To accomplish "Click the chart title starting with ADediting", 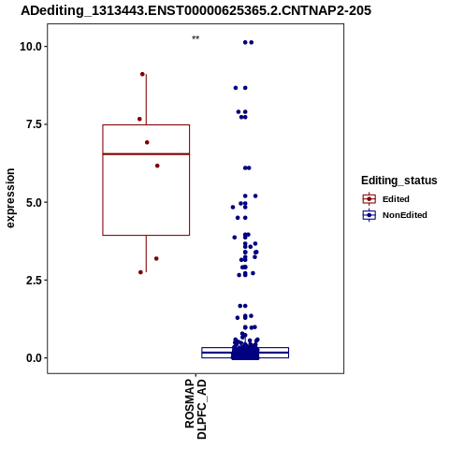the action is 196,10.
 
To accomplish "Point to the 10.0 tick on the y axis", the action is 31,47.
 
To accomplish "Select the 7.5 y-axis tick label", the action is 34,124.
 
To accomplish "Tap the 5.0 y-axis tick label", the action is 34,202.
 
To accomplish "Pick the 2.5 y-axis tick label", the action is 34,280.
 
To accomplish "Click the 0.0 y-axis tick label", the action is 34,358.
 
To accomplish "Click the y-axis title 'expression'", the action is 10,198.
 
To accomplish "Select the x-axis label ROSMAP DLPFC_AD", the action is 196,409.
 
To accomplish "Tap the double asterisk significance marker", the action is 196,38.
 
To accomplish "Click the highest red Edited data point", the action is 142,74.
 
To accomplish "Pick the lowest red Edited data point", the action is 140,272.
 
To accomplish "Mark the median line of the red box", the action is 146,154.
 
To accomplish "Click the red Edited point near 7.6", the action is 139,119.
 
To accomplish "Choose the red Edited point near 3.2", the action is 156,258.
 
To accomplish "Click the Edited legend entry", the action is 386,199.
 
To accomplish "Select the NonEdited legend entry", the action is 395,215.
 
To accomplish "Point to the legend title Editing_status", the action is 399,181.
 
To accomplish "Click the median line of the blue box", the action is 245,353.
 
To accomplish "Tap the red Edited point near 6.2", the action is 157,166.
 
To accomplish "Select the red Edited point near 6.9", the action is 147,142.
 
